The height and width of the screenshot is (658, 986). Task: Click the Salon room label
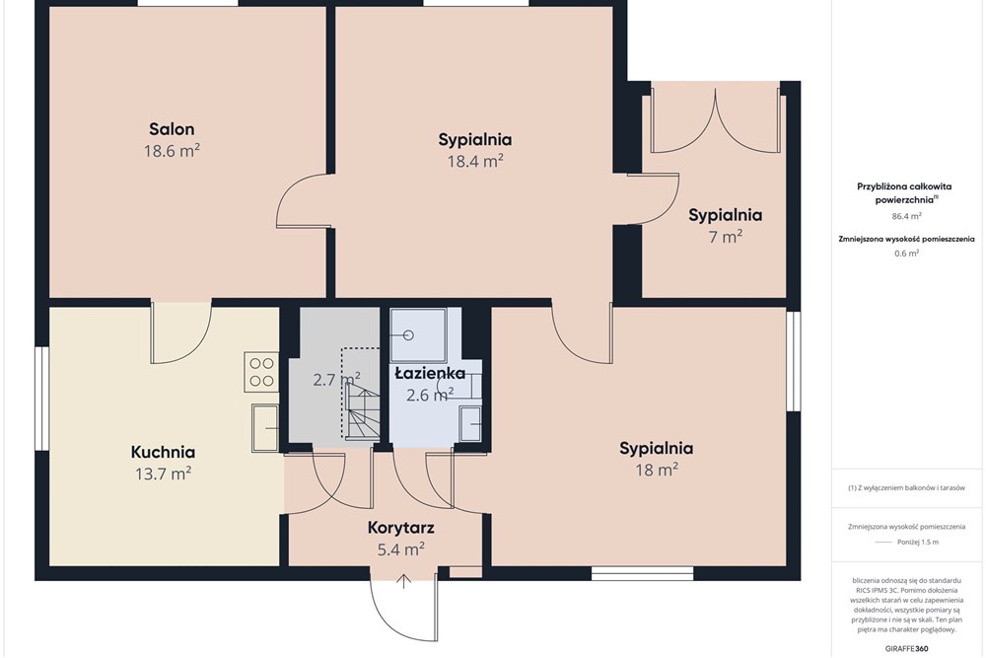click(172, 129)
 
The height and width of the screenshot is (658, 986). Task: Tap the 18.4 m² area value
click(475, 161)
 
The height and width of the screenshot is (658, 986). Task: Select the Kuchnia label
click(163, 452)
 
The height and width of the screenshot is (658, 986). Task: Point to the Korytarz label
click(400, 527)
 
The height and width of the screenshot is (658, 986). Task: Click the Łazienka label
click(430, 373)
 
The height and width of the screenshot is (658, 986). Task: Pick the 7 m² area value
click(725, 237)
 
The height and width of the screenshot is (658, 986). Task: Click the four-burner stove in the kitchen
click(261, 372)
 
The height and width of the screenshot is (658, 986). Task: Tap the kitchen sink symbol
click(265, 428)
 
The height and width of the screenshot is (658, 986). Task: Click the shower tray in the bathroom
click(418, 334)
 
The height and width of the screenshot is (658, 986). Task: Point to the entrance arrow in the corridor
click(403, 581)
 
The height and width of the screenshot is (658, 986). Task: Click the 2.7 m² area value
click(336, 380)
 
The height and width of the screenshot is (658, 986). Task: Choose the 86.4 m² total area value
click(906, 216)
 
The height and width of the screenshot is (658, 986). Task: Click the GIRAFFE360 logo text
click(906, 648)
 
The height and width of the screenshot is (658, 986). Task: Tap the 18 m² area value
click(657, 470)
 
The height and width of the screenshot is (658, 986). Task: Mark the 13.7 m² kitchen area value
click(163, 474)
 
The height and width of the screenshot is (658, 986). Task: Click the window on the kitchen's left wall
click(41, 399)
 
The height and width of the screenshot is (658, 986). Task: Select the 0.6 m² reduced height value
click(906, 254)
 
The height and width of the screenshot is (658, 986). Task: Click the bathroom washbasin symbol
click(469, 423)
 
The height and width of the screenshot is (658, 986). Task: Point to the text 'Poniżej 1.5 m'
click(917, 542)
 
